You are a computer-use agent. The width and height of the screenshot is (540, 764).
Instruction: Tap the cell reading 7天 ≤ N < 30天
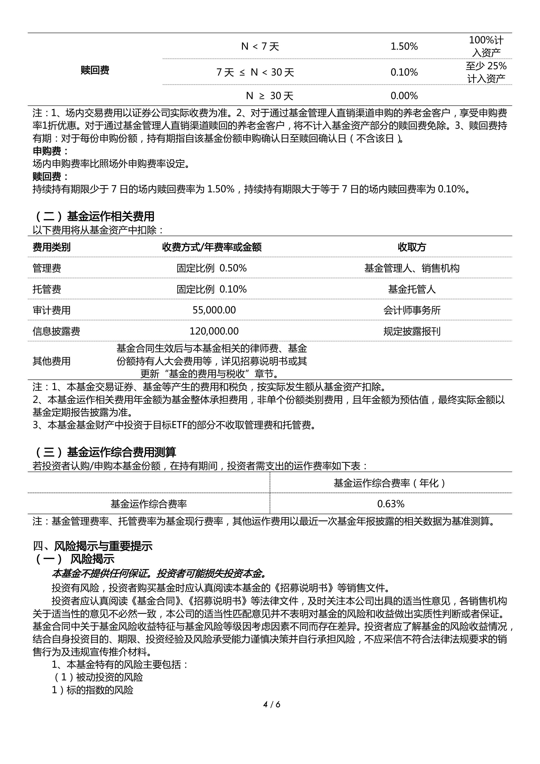pyautogui.click(x=255, y=73)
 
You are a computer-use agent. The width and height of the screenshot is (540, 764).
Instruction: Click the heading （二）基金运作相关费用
pyautogui.click(x=94, y=217)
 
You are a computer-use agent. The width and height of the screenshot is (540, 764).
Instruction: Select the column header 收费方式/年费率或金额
pyautogui.click(x=212, y=247)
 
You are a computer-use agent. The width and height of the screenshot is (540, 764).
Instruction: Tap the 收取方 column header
pyautogui.click(x=412, y=247)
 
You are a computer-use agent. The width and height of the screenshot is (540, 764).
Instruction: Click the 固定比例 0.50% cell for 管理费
pyautogui.click(x=212, y=268)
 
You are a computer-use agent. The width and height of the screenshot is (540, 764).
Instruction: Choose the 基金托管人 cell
pyautogui.click(x=412, y=289)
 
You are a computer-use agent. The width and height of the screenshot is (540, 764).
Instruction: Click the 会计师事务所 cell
pyautogui.click(x=412, y=310)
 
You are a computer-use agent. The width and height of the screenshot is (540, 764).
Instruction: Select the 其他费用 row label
pyautogui.click(x=52, y=361)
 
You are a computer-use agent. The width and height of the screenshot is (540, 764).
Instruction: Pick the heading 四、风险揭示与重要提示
pyautogui.click(x=93, y=546)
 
